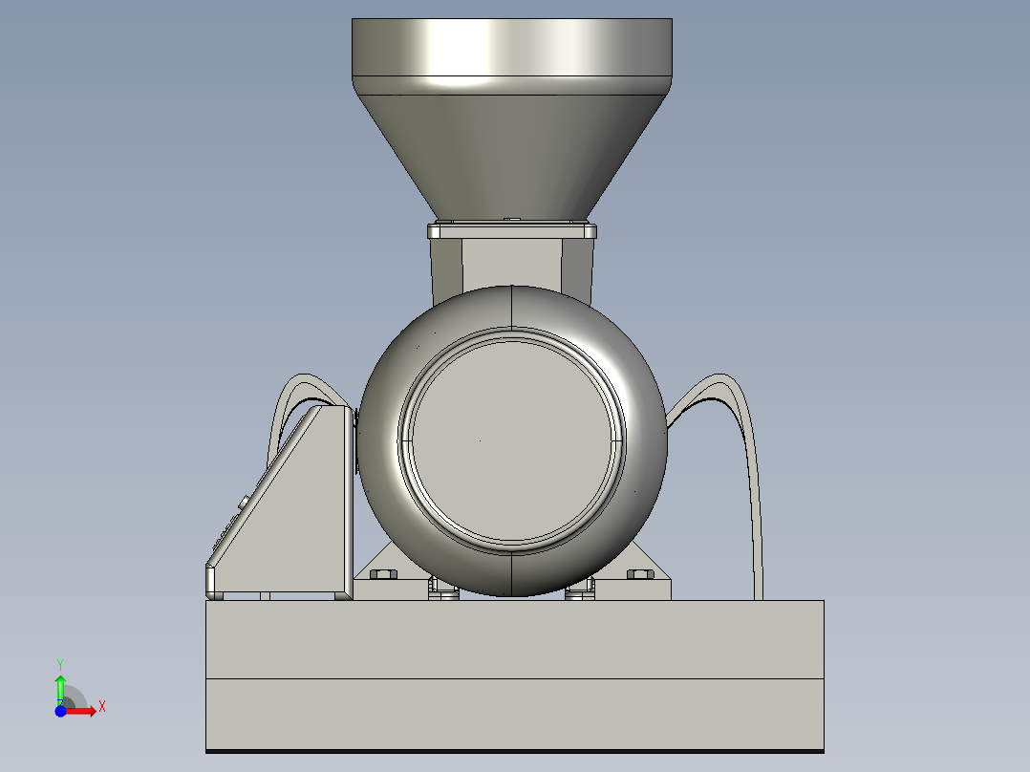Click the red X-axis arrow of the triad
pyautogui.click(x=82, y=710)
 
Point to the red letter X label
pyautogui.click(x=101, y=707)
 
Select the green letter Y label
pyautogui.click(x=59, y=663)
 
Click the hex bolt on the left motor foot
pyautogui.click(x=384, y=574)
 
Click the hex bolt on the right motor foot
pyautogui.click(x=639, y=574)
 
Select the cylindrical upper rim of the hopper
pyautogui.click(x=511, y=48)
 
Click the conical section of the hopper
pyautogui.click(x=511, y=153)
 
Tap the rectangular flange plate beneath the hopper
pyautogui.click(x=511, y=230)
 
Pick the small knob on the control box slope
pyautogui.click(x=244, y=501)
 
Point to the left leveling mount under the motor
pyautogui.click(x=442, y=591)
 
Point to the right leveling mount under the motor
pyautogui.click(x=580, y=591)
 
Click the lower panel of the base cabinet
pyautogui.click(x=514, y=714)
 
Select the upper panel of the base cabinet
pyautogui.click(x=514, y=639)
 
